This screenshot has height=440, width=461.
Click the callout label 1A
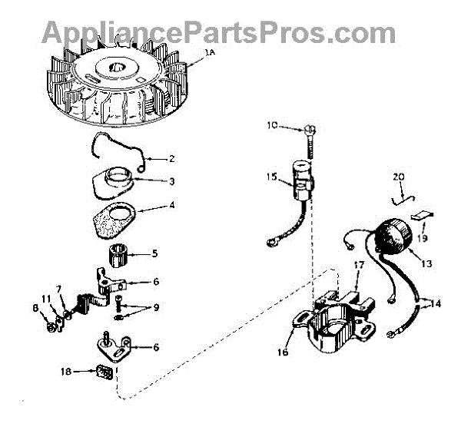coord(210,53)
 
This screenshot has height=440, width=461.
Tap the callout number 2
coord(171,159)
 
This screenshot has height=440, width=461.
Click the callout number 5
coord(156,253)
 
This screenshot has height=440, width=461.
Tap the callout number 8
coord(35,309)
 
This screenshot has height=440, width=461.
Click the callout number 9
coord(156,309)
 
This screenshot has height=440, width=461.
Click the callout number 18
coord(67,372)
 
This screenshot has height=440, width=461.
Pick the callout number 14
coord(435,303)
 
